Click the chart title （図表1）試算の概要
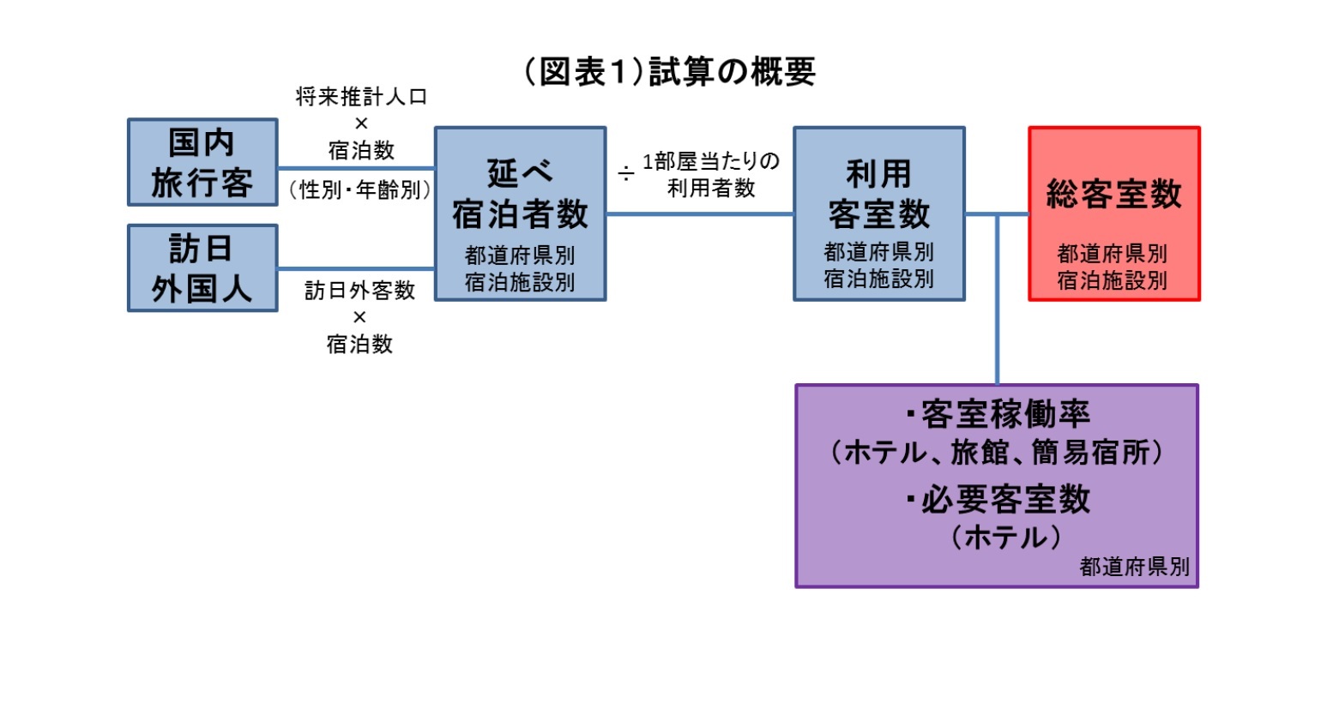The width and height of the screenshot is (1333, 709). click(x=669, y=72)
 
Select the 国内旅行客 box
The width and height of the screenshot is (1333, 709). click(x=202, y=162)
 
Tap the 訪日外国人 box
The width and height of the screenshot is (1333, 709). click(x=202, y=268)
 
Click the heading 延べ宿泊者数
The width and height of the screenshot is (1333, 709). click(x=520, y=194)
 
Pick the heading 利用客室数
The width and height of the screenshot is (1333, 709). click(x=878, y=194)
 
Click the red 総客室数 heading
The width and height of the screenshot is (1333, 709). click(x=1113, y=195)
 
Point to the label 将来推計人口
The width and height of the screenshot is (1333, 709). click(x=361, y=97)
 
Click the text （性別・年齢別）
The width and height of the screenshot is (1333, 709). click(x=360, y=189)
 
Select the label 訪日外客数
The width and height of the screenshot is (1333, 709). click(x=359, y=291)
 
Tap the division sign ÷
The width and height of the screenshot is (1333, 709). click(x=626, y=174)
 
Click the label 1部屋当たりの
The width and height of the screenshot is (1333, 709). click(x=711, y=161)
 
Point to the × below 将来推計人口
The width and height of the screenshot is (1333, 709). click(x=361, y=123)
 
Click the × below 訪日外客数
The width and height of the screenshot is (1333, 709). click(x=359, y=317)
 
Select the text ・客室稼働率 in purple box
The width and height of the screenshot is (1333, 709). click(x=997, y=415)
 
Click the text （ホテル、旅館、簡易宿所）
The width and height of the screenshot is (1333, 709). click(x=997, y=453)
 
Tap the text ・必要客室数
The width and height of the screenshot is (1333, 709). click(x=997, y=499)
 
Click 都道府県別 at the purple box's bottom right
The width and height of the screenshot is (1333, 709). click(x=1134, y=567)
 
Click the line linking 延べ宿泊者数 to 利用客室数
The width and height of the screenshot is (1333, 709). click(x=699, y=213)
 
